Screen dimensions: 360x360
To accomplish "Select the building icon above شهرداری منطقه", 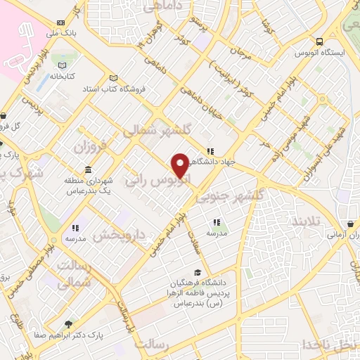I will [87, 171].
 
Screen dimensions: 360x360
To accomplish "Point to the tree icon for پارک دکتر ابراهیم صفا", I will [68, 324].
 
